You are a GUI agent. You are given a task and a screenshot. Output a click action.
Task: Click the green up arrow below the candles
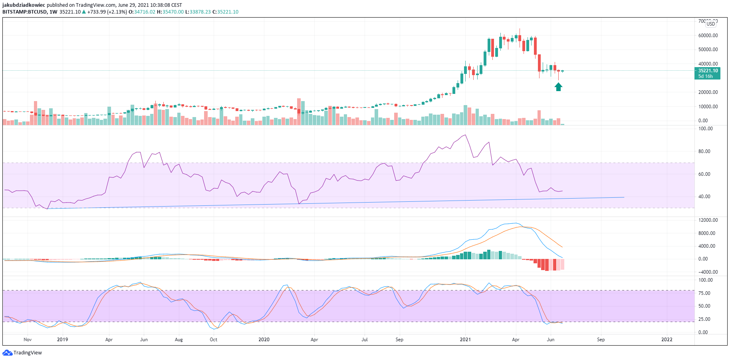point(558,87)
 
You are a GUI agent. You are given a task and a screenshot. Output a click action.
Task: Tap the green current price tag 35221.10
point(708,71)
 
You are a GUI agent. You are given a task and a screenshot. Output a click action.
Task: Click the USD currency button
point(711,24)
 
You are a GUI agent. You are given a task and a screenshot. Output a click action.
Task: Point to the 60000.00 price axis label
point(708,36)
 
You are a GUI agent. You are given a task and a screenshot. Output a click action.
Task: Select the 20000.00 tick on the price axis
point(708,92)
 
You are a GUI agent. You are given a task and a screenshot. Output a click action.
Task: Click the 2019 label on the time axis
point(63,340)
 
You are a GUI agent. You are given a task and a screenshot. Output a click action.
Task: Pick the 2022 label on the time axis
point(667,340)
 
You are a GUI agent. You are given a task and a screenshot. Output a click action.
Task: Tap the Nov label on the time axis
point(28,340)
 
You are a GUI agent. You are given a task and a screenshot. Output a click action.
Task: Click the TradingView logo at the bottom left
point(22,353)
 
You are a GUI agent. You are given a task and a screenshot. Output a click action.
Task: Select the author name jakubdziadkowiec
point(24,5)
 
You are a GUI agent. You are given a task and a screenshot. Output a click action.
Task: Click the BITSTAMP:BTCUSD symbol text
point(24,12)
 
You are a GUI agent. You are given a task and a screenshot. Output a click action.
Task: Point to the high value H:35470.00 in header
point(170,12)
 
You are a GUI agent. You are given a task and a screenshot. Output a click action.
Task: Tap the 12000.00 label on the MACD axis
point(708,220)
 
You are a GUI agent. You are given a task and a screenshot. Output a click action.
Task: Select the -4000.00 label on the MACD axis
point(708,272)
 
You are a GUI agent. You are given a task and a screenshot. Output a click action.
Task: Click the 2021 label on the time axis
point(465,340)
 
